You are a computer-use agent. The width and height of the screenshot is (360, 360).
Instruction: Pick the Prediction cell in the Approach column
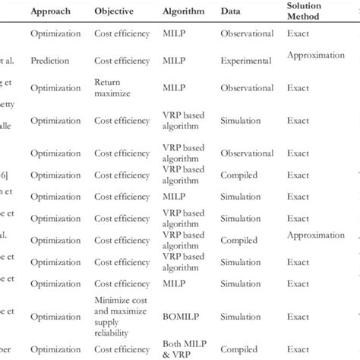52,58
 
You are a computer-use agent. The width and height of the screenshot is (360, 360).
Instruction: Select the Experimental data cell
247,58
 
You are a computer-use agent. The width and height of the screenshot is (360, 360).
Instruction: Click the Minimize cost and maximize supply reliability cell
117,309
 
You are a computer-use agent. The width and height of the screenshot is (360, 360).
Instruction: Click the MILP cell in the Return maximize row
174,87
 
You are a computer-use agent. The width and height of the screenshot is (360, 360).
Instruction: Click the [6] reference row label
7,173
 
